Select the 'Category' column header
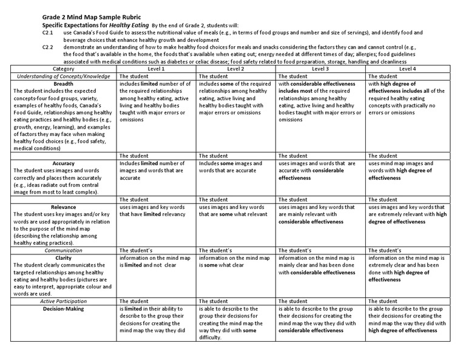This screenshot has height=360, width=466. click(x=64, y=69)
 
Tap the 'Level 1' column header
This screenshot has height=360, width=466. click(x=157, y=69)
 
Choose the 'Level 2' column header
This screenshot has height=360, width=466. click(x=236, y=69)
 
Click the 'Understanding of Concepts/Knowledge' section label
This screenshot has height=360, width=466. click(x=64, y=76)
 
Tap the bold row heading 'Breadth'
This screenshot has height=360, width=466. click(x=64, y=84)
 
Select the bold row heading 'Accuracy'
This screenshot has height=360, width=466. click(x=64, y=163)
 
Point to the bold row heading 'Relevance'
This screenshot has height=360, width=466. click(x=64, y=206)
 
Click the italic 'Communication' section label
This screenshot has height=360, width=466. click(x=64, y=250)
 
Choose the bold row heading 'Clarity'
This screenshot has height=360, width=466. click(x=64, y=257)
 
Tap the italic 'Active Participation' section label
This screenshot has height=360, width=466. click(x=64, y=301)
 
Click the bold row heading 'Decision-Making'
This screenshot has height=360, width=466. click(x=64, y=308)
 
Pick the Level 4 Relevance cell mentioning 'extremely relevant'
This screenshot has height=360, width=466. click(x=407, y=214)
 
